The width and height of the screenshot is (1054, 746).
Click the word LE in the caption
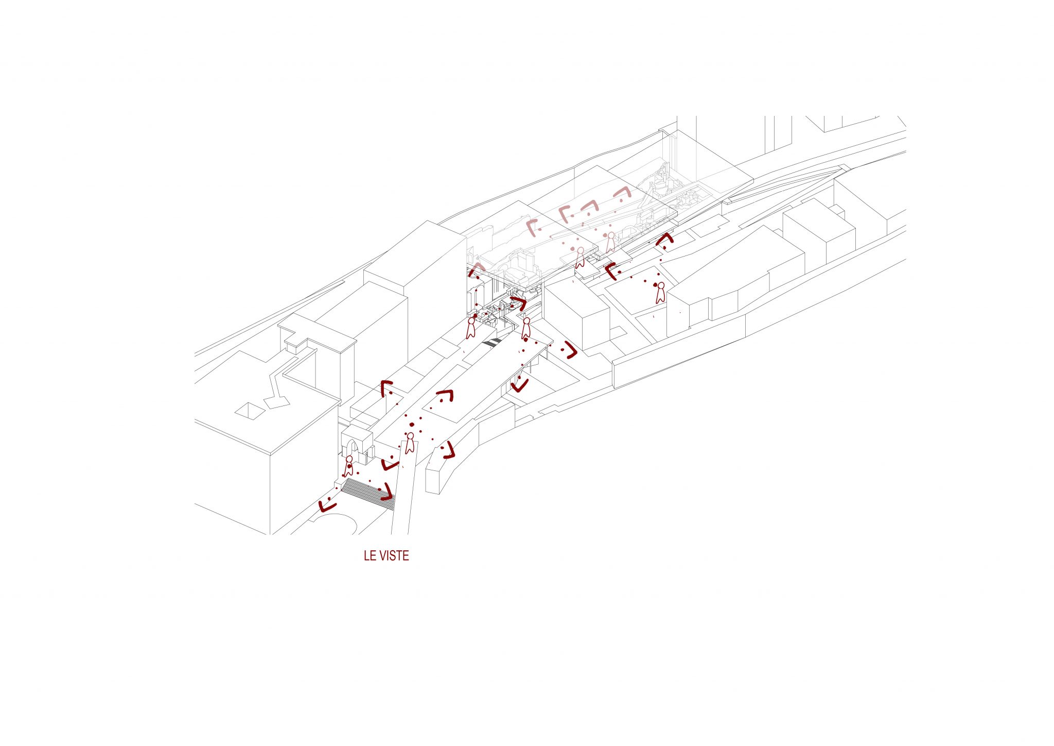(x=370, y=556)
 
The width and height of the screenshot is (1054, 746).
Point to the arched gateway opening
(x=357, y=450)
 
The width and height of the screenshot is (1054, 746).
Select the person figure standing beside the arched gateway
(x=349, y=466)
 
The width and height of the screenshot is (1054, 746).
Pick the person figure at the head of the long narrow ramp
(x=410, y=443)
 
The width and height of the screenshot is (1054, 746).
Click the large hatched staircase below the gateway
(x=368, y=492)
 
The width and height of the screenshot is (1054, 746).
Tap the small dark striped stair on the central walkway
(x=492, y=343)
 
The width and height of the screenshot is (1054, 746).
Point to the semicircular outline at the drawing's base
(x=335, y=523)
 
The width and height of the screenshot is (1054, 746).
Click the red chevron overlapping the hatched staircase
(x=387, y=493)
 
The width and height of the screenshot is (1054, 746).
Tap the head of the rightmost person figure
(x=661, y=285)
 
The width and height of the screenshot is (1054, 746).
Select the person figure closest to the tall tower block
(x=470, y=328)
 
